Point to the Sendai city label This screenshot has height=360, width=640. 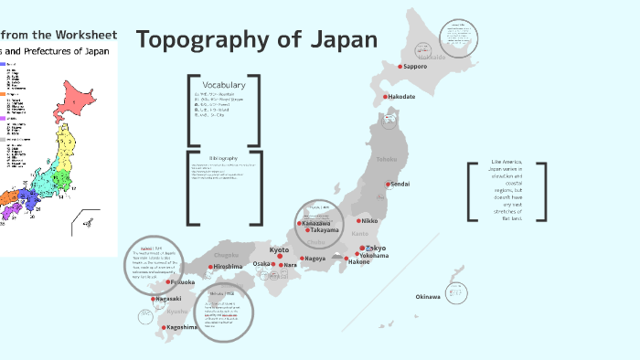[x=400, y=185]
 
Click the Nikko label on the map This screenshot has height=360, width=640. [x=368, y=221]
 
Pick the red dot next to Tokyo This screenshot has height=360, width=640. [x=361, y=249]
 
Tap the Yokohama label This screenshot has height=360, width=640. [x=374, y=256]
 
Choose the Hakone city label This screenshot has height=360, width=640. [x=358, y=262]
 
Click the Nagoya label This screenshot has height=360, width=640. [x=315, y=259]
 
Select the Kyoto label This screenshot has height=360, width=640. [x=279, y=249]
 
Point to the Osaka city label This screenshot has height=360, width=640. [x=261, y=264]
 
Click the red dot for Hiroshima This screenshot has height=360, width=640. [x=210, y=267]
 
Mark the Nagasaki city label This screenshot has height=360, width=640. [x=168, y=299]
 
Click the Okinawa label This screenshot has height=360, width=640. [x=428, y=297]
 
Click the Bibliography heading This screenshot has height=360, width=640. [x=223, y=158]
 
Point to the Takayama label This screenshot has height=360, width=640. [x=324, y=231]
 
